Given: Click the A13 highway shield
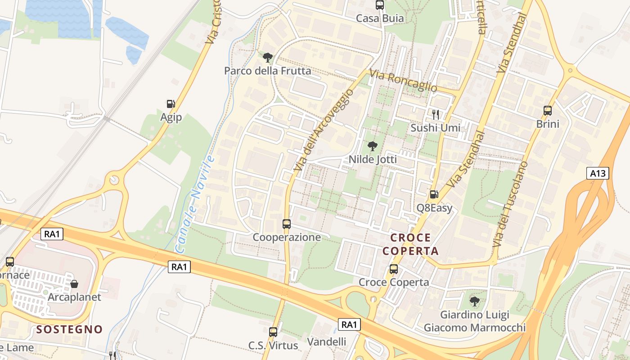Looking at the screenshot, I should click(598, 173).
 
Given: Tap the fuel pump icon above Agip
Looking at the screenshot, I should click(171, 104).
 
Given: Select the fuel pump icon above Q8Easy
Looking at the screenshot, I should click(434, 194).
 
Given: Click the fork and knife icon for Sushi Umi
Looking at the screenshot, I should click(435, 114).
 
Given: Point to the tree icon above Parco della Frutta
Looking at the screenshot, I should click(268, 57).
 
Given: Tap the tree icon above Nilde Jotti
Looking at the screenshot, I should click(372, 146).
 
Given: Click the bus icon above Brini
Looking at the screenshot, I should click(548, 110).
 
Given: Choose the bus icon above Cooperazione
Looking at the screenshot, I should click(287, 224).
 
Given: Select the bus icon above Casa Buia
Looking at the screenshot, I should click(380, 5).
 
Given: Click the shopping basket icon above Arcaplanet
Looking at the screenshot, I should click(74, 284).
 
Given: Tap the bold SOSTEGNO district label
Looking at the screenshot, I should click(70, 329).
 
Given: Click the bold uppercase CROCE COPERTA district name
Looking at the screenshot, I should click(410, 244).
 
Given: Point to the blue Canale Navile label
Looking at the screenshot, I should click(194, 202).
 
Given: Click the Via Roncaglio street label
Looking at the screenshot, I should click(403, 81).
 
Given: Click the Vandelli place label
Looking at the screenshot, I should click(327, 342).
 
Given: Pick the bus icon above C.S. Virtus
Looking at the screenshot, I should click(273, 332).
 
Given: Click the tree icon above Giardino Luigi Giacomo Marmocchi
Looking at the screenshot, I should click(474, 301).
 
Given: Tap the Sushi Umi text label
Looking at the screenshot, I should click(435, 128).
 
